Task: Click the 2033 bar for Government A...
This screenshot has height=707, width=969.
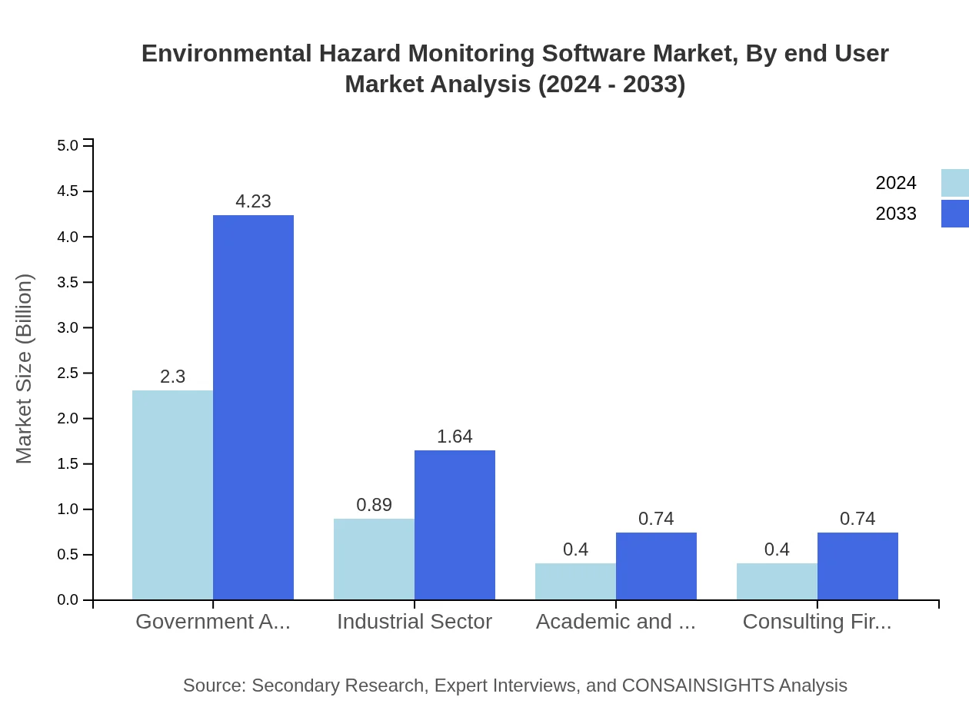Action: tap(253, 407)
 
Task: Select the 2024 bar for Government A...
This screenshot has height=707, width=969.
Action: tap(172, 495)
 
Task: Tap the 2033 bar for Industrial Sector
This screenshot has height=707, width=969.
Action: tap(455, 525)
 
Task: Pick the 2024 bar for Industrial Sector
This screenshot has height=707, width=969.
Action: tap(374, 559)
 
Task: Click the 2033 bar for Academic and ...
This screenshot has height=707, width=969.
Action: tap(656, 566)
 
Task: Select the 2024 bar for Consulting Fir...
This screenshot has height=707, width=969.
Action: tap(777, 581)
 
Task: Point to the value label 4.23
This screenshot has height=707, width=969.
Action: tap(253, 201)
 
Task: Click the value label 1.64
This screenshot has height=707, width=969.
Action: tap(455, 436)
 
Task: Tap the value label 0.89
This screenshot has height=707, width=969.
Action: tap(374, 505)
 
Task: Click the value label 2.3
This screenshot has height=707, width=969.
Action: tap(172, 377)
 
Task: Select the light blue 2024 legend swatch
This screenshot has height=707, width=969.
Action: tap(954, 183)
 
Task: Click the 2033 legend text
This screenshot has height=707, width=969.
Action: tap(896, 214)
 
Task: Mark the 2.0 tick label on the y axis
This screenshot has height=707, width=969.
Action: tap(68, 419)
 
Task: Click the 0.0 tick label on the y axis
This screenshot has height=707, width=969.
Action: tap(68, 600)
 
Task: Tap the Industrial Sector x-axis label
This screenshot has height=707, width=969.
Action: tap(415, 622)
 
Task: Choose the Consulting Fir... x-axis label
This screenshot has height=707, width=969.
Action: tap(817, 622)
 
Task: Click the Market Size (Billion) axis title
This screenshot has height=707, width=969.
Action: tap(25, 369)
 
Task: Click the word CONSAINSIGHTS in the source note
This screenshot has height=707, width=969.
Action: tap(698, 685)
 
